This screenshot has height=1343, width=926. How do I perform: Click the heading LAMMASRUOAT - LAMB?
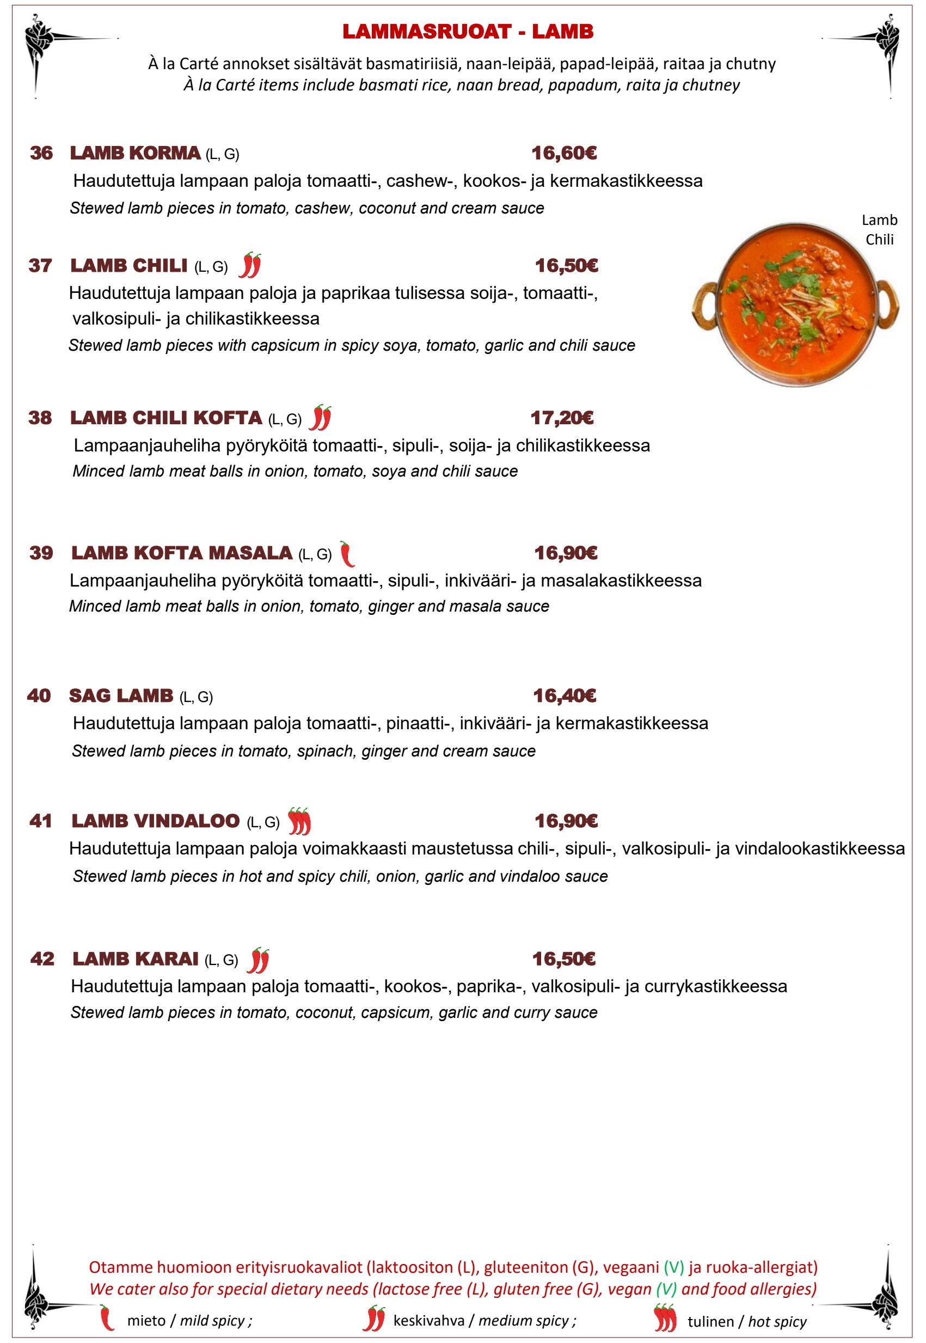[468, 32]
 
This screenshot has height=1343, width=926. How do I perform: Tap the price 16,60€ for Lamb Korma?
[564, 153]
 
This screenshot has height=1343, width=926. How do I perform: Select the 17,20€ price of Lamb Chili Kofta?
[562, 418]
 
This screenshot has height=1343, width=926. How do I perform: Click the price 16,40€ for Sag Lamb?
[564, 695]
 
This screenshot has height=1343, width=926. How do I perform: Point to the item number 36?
[41, 153]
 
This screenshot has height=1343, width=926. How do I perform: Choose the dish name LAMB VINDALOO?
[156, 821]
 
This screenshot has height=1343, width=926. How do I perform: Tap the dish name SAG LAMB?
[121, 695]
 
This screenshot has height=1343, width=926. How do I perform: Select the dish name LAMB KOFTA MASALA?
[182, 553]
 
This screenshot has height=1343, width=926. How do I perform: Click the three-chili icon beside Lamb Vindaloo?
[299, 821]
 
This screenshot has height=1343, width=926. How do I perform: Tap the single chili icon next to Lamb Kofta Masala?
[347, 554]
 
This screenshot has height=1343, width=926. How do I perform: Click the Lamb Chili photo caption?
[879, 230]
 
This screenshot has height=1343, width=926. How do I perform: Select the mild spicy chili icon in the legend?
[106, 1317]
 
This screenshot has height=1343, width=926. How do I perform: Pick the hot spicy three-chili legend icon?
[664, 1317]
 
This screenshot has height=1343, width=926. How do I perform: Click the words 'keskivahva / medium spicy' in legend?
[485, 1320]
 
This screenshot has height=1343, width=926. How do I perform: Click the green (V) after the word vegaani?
[673, 1267]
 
